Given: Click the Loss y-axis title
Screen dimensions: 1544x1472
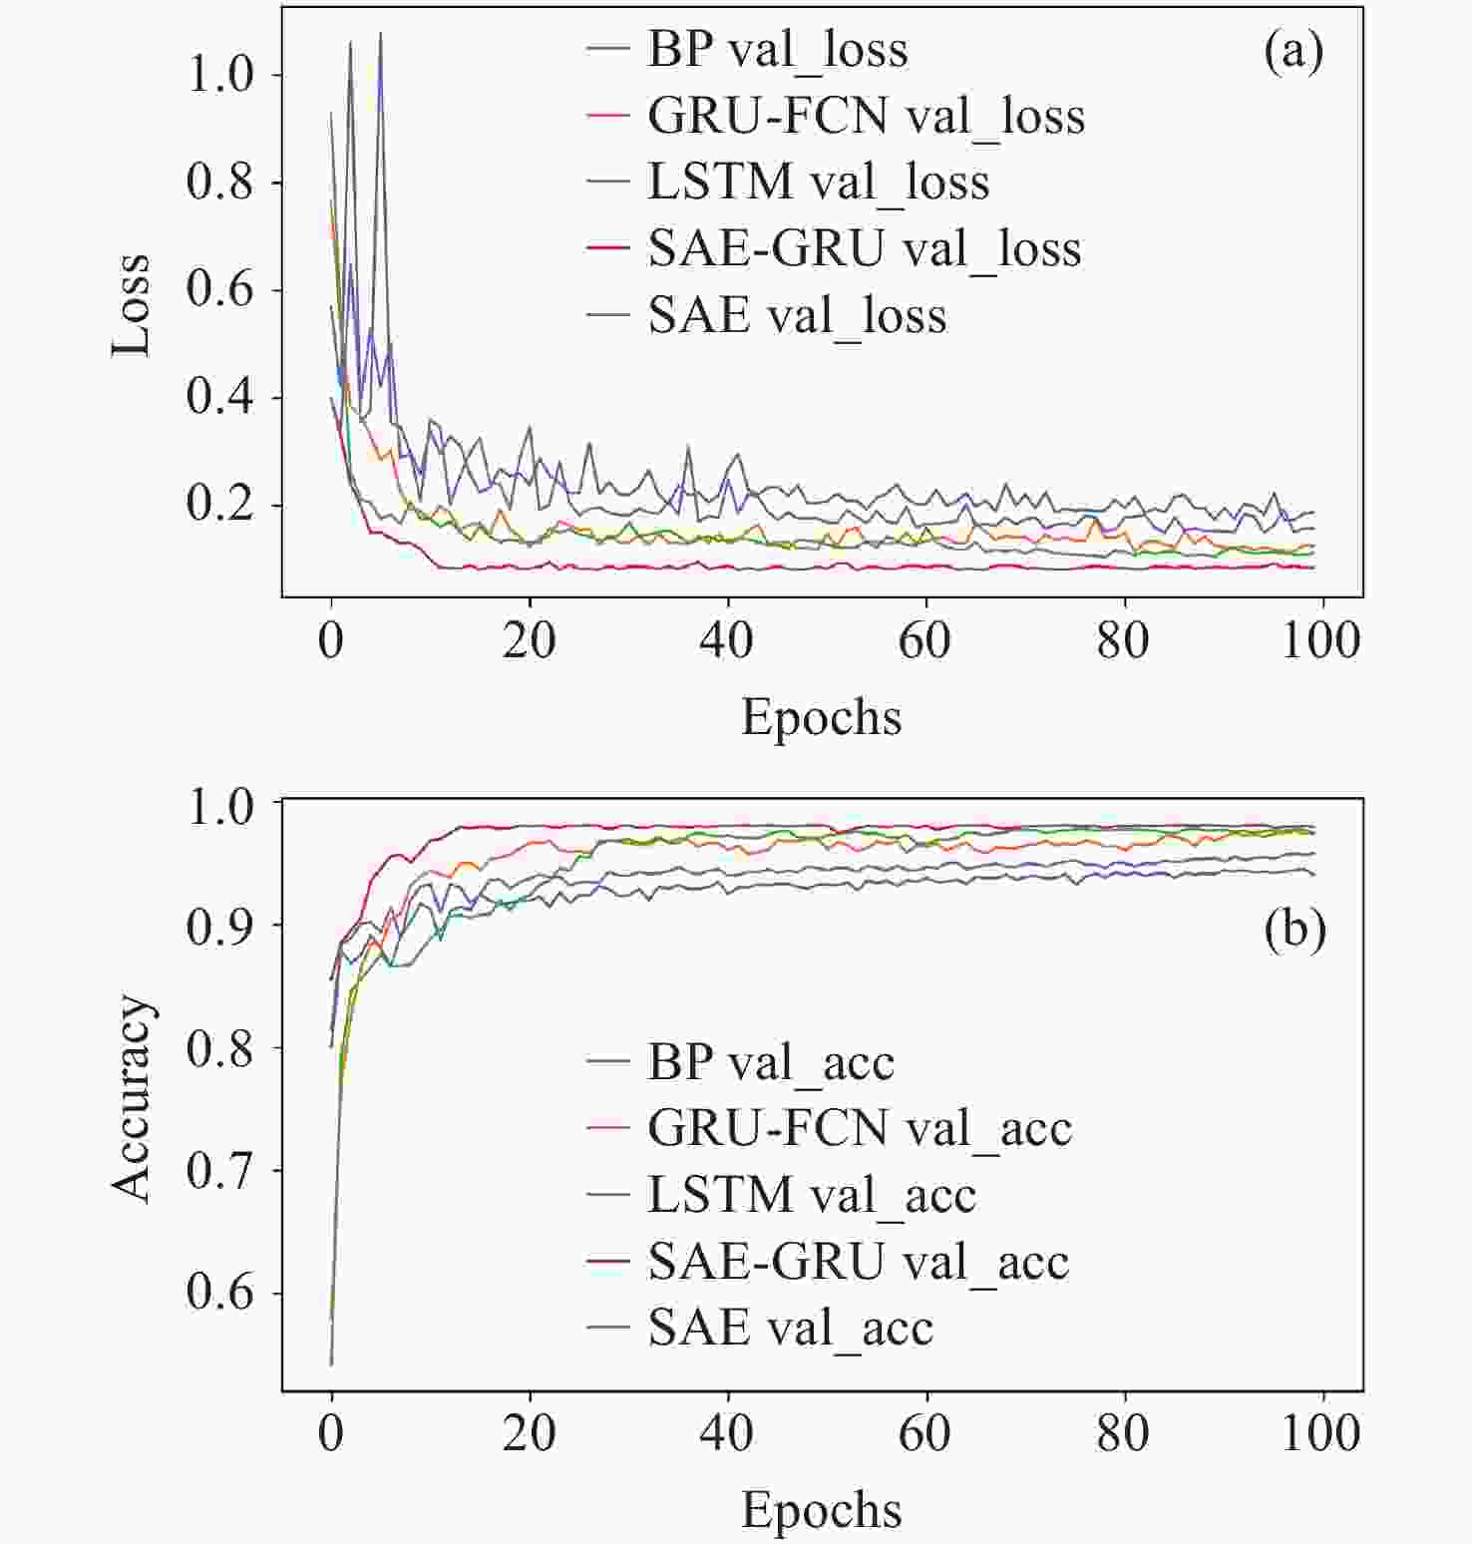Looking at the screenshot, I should click(x=131, y=304).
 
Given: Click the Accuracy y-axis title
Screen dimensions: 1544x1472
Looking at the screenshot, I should click(x=131, y=1097).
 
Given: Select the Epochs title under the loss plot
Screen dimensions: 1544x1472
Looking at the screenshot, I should click(x=821, y=717).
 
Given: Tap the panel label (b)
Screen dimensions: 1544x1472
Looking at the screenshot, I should click(x=1294, y=930).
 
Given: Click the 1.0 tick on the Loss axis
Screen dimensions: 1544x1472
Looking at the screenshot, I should click(x=220, y=76).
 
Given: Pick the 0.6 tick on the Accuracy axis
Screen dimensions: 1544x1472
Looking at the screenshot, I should click(x=220, y=1293).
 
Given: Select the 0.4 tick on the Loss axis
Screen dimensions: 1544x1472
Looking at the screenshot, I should click(x=220, y=398).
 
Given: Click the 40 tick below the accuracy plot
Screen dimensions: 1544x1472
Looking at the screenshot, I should click(x=727, y=1433).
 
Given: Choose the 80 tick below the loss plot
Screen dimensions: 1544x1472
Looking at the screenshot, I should click(x=1124, y=640).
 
